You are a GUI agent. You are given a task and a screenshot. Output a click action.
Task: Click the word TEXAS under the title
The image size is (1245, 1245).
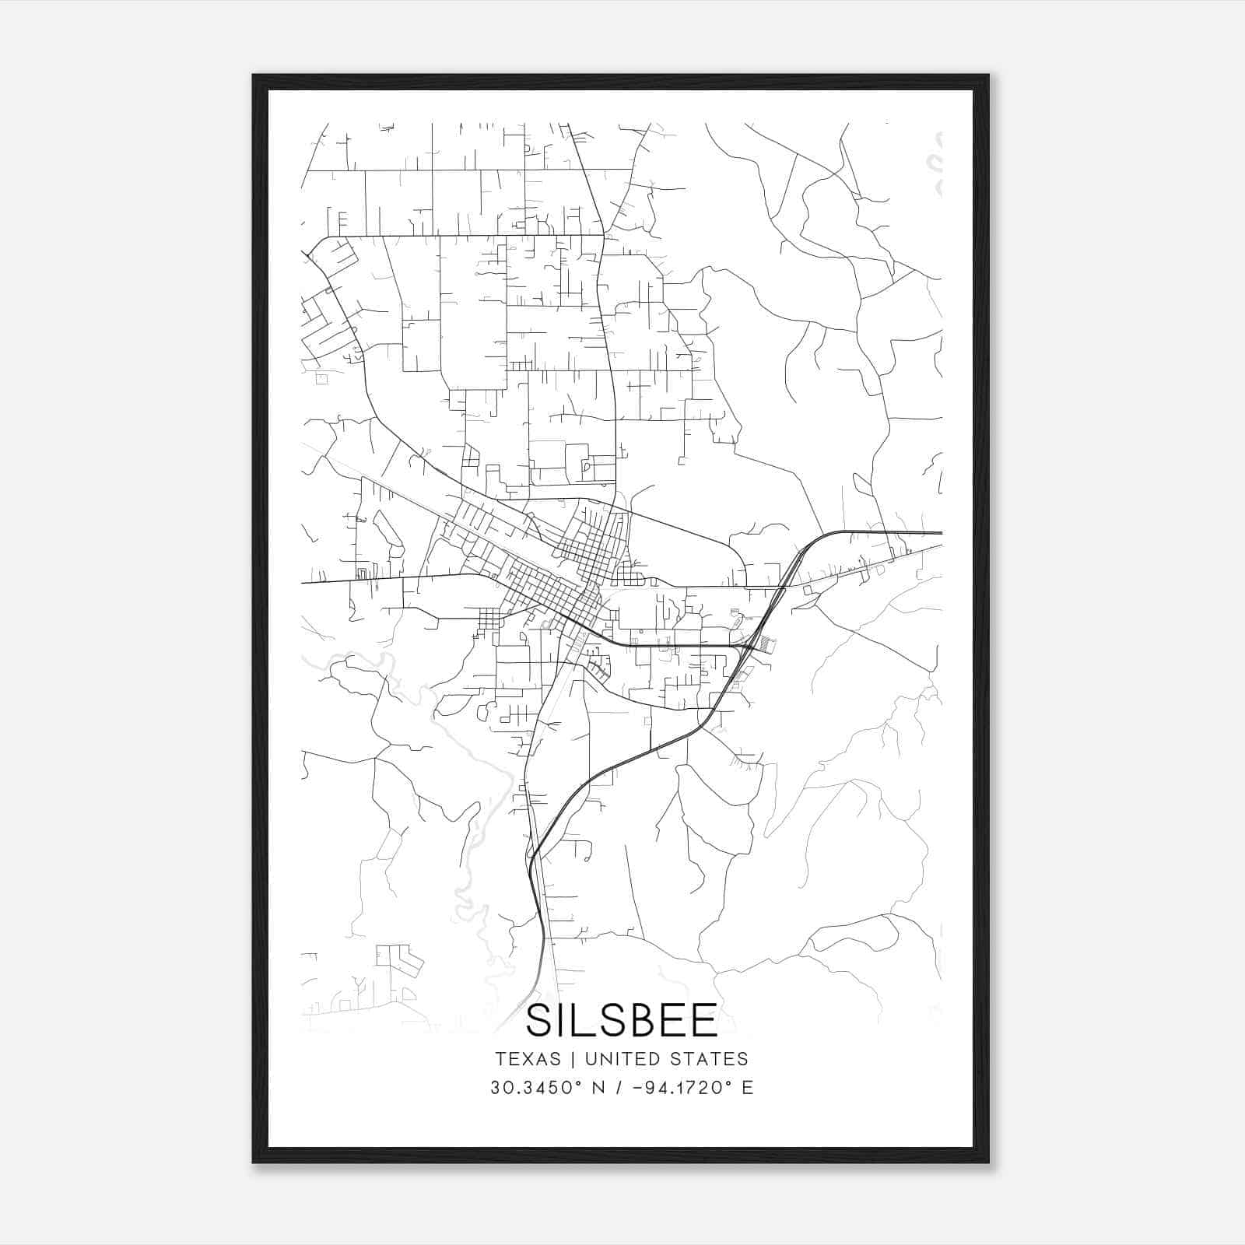tap(527, 1059)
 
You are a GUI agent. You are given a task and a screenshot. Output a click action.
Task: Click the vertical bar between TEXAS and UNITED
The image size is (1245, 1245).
tap(573, 1059)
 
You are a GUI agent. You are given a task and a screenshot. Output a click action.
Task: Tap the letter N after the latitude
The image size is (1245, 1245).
tap(598, 1088)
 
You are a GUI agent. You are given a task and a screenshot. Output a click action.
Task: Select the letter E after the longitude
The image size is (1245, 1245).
tap(747, 1088)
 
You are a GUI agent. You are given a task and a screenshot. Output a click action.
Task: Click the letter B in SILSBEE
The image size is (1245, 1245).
tap(640, 1021)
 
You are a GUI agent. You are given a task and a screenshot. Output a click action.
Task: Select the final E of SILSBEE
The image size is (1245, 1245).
tap(705, 1021)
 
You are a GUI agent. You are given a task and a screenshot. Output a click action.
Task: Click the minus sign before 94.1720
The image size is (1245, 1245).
tap(639, 1088)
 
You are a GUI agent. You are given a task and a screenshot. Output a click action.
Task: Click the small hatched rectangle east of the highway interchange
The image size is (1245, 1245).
tap(768, 644)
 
